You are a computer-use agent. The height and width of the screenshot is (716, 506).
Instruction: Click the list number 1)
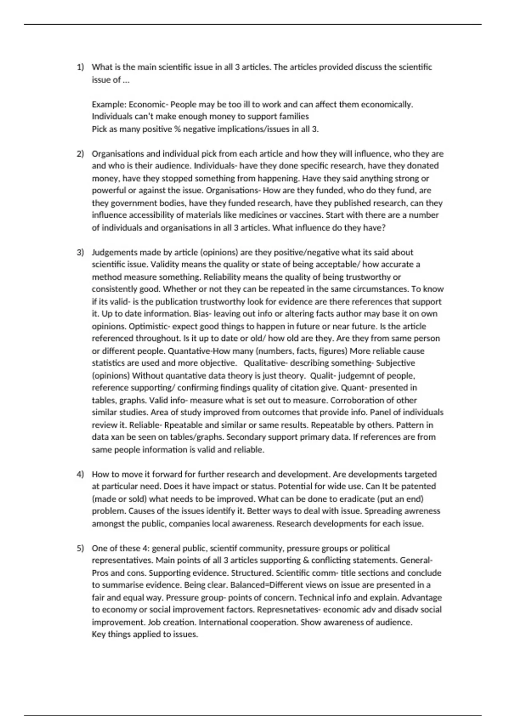pos(80,67)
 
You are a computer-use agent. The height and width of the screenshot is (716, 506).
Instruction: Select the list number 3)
pos(80,252)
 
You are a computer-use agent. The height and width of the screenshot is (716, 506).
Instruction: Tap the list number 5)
pos(80,548)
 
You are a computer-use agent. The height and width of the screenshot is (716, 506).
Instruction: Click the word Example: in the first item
pos(109,104)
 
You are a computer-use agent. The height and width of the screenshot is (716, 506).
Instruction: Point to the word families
pos(294,117)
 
